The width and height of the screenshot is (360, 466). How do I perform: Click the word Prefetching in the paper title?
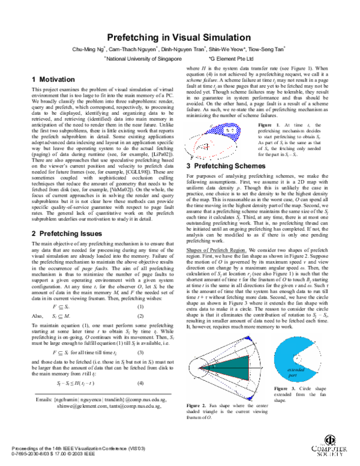click(135, 37)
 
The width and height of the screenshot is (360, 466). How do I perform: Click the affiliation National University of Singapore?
click(144, 59)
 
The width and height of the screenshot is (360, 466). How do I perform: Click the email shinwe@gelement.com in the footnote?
click(85, 405)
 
